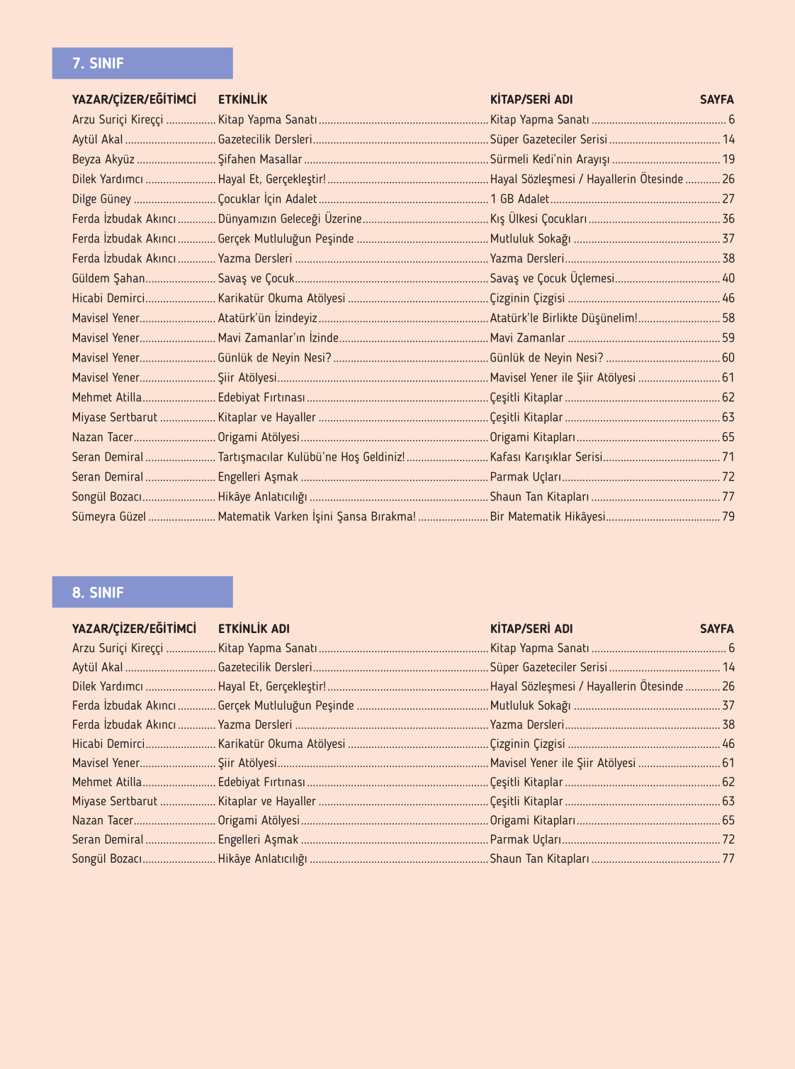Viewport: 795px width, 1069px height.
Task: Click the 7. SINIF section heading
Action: click(x=98, y=63)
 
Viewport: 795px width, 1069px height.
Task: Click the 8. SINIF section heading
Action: click(x=98, y=592)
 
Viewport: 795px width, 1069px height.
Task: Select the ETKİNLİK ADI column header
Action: click(x=254, y=629)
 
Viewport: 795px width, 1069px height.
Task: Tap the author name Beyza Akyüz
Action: click(x=103, y=159)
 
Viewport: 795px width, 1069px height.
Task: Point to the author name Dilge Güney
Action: click(x=101, y=199)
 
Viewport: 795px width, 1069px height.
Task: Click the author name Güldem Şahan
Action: click(x=108, y=279)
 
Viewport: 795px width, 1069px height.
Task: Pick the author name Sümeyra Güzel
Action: click(x=108, y=517)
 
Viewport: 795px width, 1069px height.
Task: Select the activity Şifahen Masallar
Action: click(x=260, y=159)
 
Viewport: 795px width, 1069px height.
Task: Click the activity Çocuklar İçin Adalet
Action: click(x=267, y=199)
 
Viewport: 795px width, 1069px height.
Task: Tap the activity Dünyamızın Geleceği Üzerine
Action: click(x=290, y=219)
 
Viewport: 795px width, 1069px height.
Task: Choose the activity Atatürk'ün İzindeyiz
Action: click(x=267, y=318)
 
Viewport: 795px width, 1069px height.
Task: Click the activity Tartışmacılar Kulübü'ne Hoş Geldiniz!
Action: click(x=311, y=457)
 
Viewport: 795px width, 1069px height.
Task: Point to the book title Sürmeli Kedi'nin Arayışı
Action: click(x=550, y=159)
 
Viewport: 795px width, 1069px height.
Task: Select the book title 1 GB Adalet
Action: click(x=519, y=199)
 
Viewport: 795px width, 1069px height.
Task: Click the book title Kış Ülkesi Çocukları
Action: click(x=539, y=219)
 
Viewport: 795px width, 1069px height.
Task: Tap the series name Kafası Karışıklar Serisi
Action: click(x=546, y=457)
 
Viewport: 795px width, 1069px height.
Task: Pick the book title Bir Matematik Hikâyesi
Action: click(x=548, y=517)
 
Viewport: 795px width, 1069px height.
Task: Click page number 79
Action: click(x=728, y=517)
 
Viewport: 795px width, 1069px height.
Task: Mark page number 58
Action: click(x=728, y=318)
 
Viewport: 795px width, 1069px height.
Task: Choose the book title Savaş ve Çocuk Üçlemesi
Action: click(x=552, y=279)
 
